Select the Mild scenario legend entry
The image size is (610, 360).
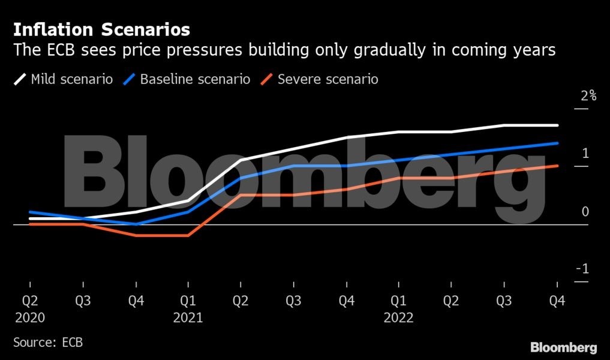pyautogui.click(x=64, y=79)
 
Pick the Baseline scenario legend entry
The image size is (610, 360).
pyautogui.click(x=187, y=79)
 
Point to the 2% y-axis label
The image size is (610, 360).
pyautogui.click(x=588, y=95)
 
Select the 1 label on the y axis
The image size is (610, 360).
pyautogui.click(x=585, y=153)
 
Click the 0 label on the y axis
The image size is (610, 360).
pyautogui.click(x=585, y=211)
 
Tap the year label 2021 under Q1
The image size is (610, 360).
pyautogui.click(x=188, y=318)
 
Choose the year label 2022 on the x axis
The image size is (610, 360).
pyautogui.click(x=398, y=318)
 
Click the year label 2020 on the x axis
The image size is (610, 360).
pyautogui.click(x=30, y=318)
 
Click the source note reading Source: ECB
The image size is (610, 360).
pyautogui.click(x=48, y=343)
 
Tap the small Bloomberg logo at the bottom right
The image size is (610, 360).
pyautogui.click(x=563, y=347)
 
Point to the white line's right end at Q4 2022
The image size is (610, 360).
pyautogui.click(x=557, y=125)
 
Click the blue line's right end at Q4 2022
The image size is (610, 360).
pyautogui.click(x=557, y=143)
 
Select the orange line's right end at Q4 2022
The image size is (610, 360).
pyautogui.click(x=557, y=166)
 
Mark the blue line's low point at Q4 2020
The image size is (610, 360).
pyautogui.click(x=136, y=224)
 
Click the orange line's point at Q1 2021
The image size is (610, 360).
pyautogui.click(x=188, y=236)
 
